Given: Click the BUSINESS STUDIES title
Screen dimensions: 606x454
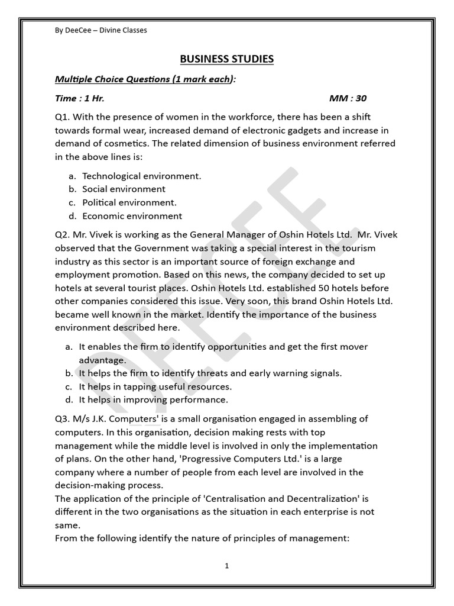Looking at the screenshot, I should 227,59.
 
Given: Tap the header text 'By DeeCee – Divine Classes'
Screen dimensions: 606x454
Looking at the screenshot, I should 100,30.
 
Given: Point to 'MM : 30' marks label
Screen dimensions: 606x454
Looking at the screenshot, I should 348,98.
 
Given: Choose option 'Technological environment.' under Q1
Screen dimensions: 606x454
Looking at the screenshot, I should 142,176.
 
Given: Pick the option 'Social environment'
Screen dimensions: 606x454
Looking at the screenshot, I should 124,189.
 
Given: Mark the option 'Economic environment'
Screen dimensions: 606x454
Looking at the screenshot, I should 132,216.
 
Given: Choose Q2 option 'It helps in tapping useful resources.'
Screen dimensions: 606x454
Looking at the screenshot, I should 155,386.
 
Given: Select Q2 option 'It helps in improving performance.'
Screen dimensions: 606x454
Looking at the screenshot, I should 153,400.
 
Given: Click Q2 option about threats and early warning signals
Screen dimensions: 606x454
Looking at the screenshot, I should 210,373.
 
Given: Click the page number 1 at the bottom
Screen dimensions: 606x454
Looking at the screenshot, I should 226,566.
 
